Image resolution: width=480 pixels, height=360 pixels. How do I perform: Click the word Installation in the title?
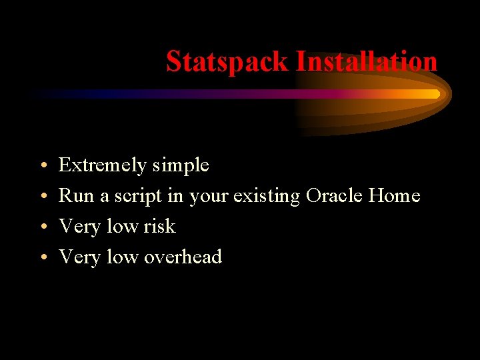(x=366, y=62)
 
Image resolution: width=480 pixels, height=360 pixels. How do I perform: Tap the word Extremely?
(x=102, y=165)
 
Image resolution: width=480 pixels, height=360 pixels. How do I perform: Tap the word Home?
(x=395, y=196)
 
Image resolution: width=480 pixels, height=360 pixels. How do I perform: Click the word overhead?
(x=183, y=257)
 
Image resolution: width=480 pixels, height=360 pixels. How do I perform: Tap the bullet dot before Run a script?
(x=42, y=197)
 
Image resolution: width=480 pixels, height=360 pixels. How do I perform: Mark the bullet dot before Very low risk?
(x=42, y=227)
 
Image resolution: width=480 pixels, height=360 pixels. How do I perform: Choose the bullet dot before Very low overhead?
(x=42, y=258)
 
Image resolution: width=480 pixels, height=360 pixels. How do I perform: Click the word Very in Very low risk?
(x=79, y=227)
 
